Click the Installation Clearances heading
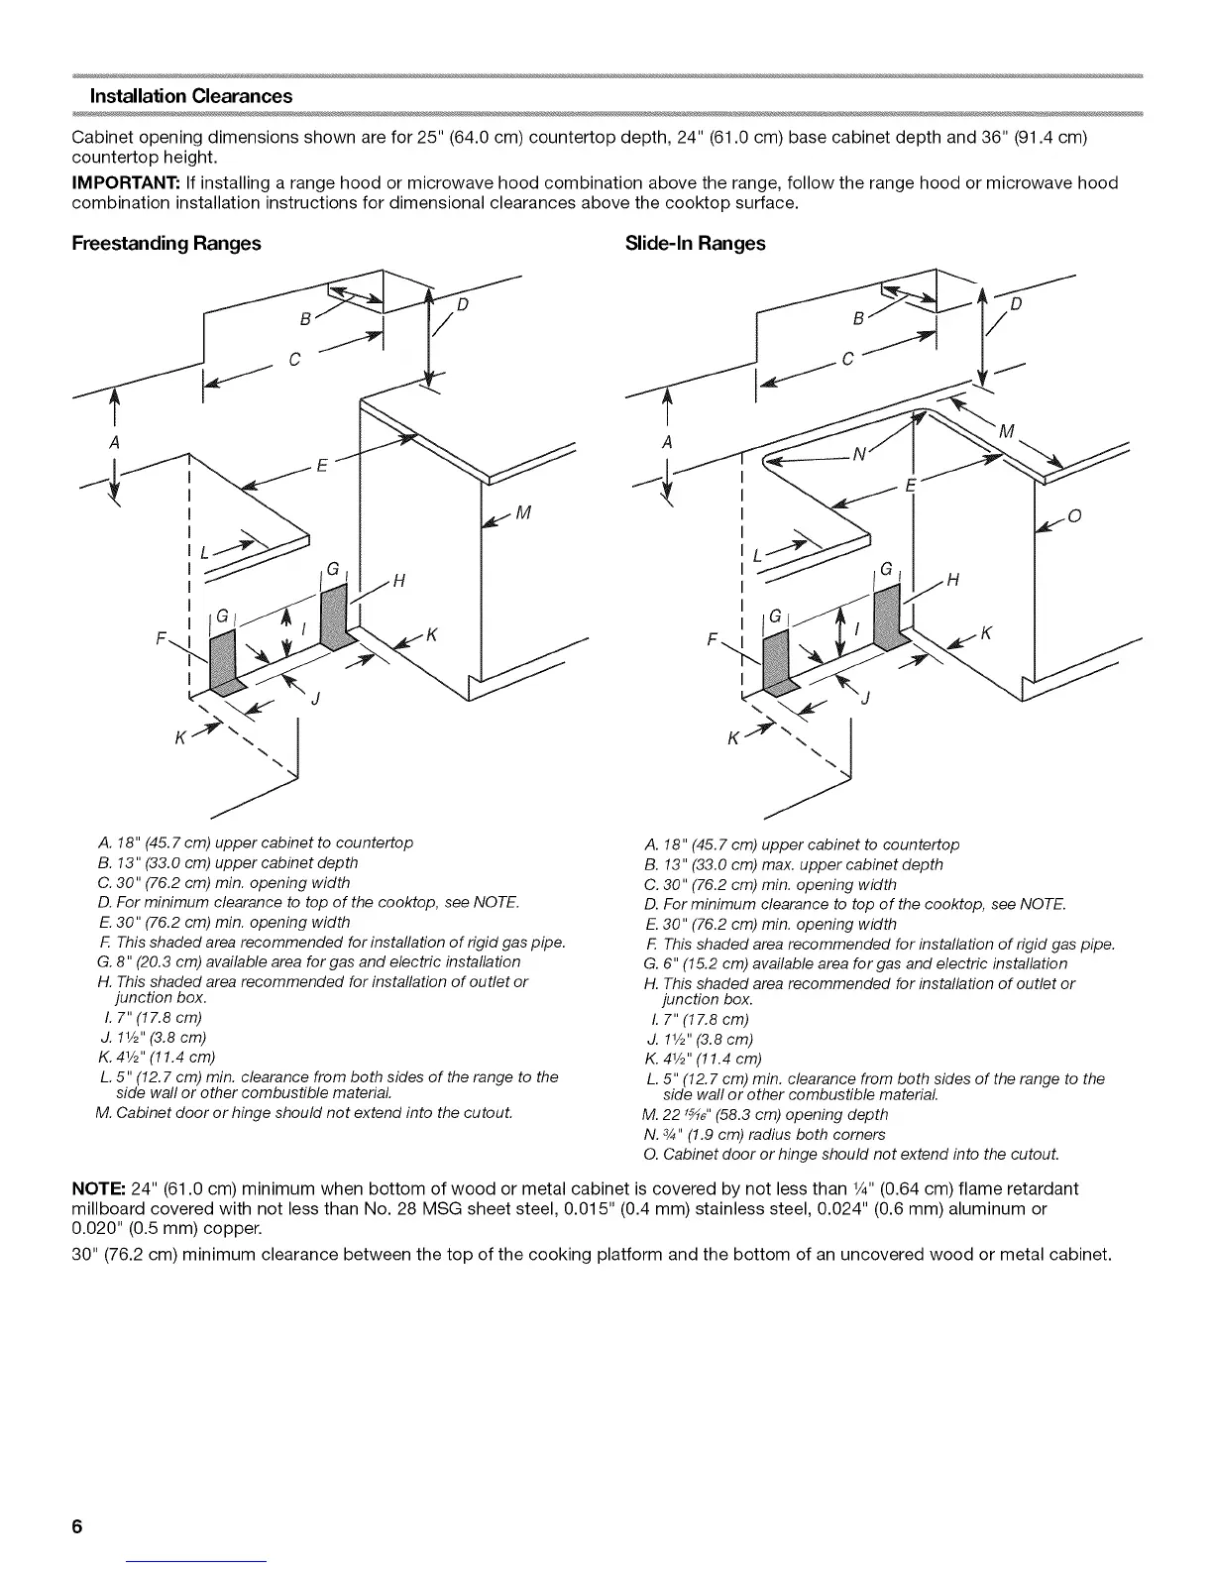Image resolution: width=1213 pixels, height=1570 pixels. [x=190, y=96]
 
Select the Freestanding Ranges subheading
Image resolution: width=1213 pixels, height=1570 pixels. [x=166, y=244]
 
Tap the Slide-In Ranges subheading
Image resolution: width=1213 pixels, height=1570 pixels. [x=696, y=244]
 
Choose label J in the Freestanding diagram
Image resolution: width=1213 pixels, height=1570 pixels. [x=315, y=701]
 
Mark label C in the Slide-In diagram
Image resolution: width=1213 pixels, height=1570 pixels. [x=845, y=361]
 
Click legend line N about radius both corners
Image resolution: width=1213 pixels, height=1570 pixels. [x=764, y=1134]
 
